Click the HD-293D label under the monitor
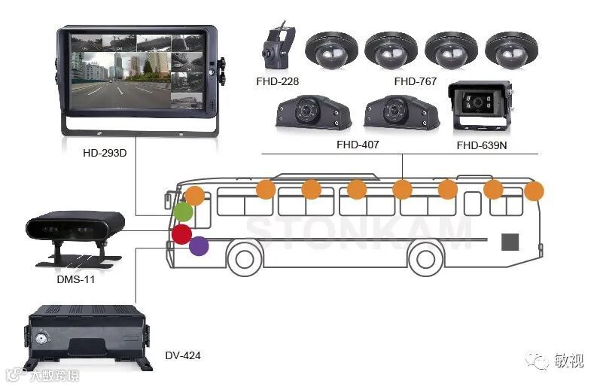105,153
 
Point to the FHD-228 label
276,81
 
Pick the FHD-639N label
482,144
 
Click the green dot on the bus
183,212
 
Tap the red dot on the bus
181,233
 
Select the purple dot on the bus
199,245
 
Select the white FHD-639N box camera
481,106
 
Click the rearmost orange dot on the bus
534,191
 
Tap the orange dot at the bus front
194,196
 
